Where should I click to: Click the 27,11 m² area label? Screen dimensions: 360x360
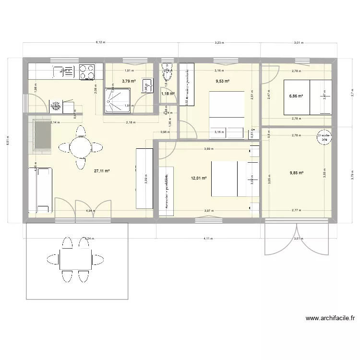pyautogui.click(x=102, y=170)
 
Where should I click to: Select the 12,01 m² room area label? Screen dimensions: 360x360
pyautogui.click(x=198, y=178)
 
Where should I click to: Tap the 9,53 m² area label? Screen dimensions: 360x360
pyautogui.click(x=221, y=81)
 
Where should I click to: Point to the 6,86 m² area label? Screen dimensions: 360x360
pyautogui.click(x=296, y=96)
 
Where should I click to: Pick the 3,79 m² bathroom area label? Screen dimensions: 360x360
pyautogui.click(x=128, y=81)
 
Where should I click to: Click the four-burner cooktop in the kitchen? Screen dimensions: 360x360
pyautogui.click(x=87, y=72)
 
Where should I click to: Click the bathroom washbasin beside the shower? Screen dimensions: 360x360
pyautogui.click(x=145, y=85)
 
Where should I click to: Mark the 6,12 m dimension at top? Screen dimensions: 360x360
pyautogui.click(x=100, y=42)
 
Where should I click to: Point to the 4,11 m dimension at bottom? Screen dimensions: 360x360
pyautogui.click(x=207, y=238)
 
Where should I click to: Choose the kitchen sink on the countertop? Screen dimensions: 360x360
pyautogui.click(x=61, y=72)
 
